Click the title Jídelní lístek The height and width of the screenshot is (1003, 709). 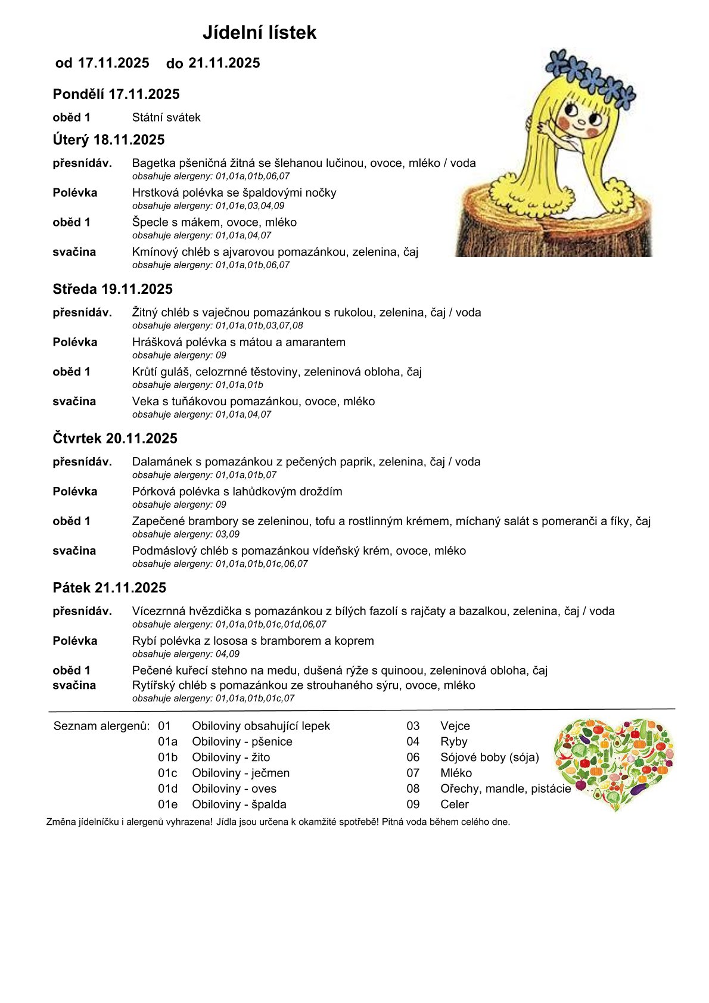click(259, 33)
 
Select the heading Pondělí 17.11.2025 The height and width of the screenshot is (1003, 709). click(116, 94)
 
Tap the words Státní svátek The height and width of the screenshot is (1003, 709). click(166, 117)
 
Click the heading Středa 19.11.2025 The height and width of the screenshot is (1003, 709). click(113, 289)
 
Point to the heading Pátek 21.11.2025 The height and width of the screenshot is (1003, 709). click(109, 588)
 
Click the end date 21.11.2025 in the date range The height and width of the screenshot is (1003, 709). click(224, 63)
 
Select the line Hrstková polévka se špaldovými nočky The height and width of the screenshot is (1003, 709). click(234, 192)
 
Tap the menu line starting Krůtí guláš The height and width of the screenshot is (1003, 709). click(276, 372)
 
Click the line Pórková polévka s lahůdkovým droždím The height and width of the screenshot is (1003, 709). click(237, 492)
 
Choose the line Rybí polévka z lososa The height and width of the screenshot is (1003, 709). click(253, 641)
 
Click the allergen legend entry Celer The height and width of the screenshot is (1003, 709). click(455, 804)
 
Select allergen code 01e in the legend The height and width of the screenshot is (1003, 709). click(167, 804)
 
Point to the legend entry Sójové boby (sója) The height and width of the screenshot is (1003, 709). click(489, 757)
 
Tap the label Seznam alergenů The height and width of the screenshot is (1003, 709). click(101, 726)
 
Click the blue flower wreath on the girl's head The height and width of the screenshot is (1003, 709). click(593, 77)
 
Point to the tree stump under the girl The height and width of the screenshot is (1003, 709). click(554, 229)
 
